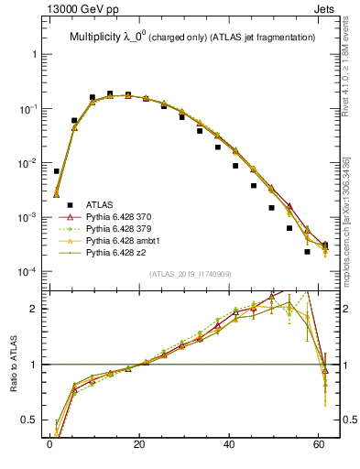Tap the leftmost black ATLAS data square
57,171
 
